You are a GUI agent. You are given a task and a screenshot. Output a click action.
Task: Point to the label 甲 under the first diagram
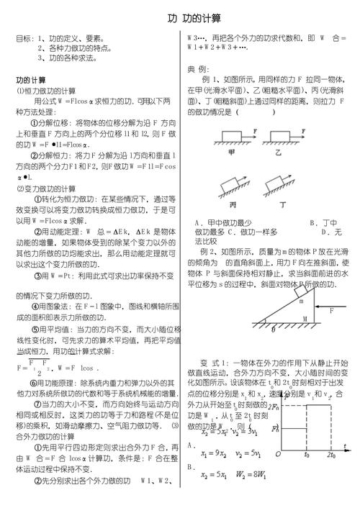(231, 153)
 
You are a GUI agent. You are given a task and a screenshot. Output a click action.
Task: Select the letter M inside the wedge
(305, 317)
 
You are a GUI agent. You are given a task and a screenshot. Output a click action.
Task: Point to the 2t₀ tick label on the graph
(332, 456)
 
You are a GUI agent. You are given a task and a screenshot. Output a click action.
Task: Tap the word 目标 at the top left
(24, 38)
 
